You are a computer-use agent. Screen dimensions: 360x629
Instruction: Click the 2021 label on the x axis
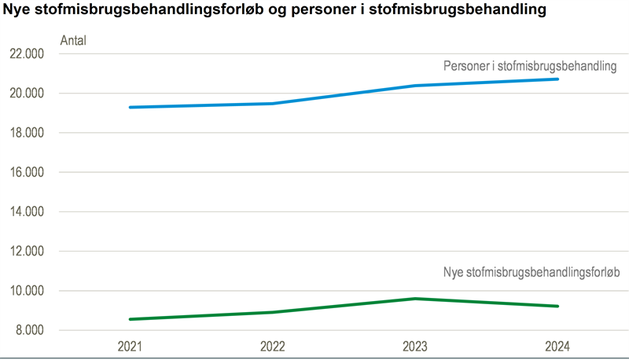(131, 346)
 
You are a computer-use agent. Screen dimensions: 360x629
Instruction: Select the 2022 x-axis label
(272, 346)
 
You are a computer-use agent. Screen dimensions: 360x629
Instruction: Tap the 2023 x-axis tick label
(414, 346)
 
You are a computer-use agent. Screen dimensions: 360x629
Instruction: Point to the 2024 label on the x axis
(556, 346)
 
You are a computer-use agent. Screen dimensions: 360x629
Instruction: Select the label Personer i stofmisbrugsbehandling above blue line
(530, 67)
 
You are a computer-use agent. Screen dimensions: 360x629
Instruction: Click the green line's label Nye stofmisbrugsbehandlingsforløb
(532, 273)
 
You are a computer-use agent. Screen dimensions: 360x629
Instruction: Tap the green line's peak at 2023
(414, 299)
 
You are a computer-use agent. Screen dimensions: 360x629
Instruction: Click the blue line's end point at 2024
(557, 79)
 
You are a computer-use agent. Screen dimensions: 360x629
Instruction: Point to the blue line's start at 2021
(131, 107)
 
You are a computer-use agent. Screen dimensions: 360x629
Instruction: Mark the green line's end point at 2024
(557, 306)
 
